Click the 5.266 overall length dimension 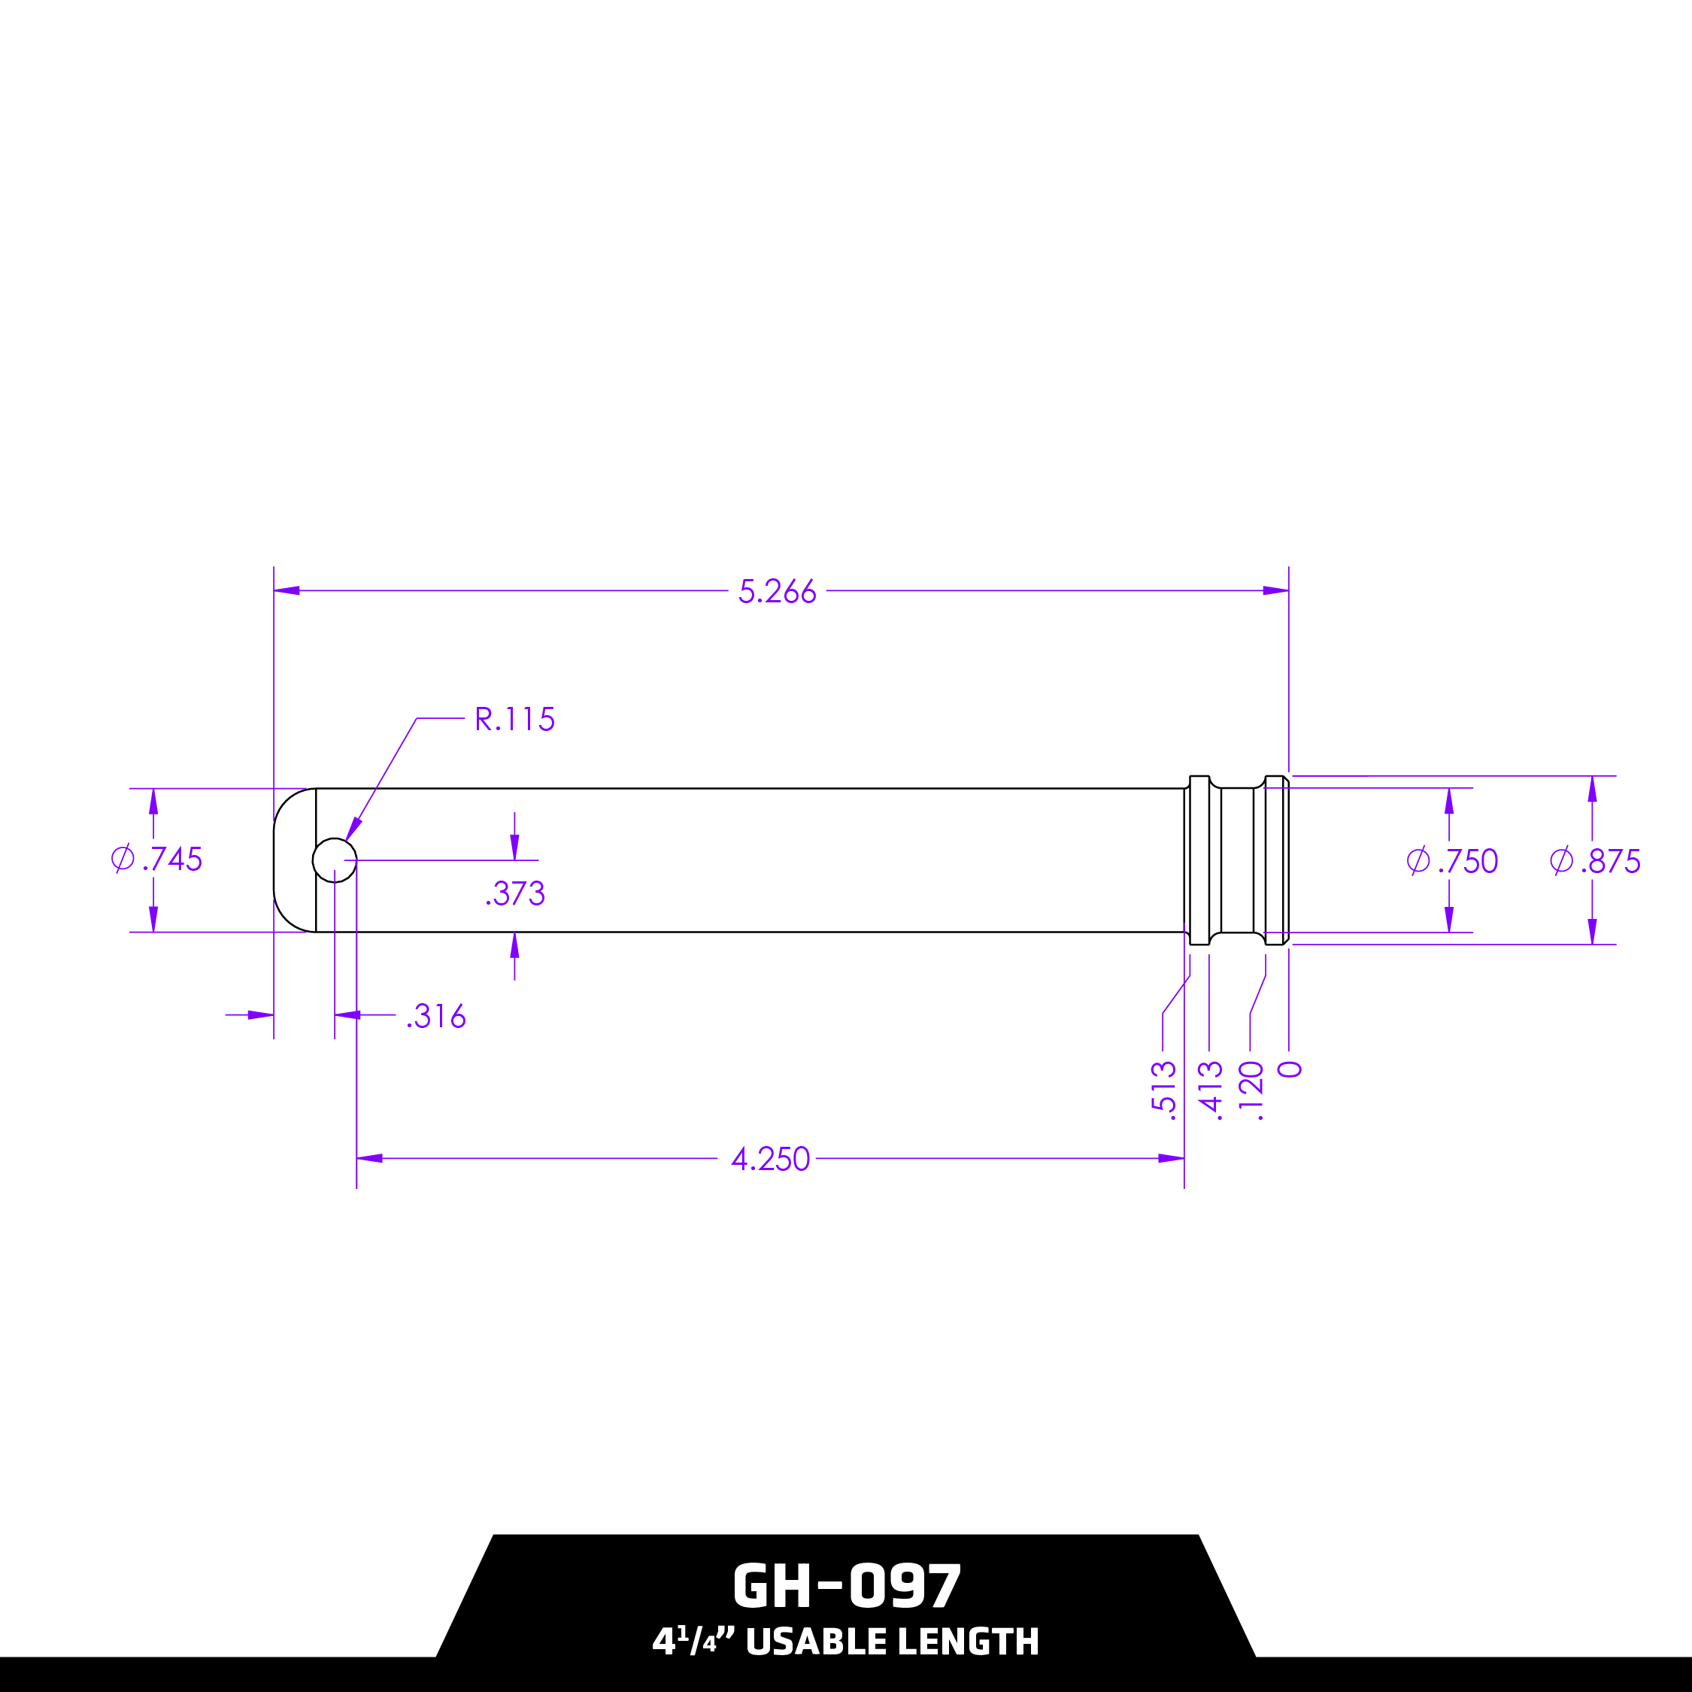(777, 591)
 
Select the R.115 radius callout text (514, 719)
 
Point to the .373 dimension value (516, 893)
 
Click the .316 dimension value (436, 1016)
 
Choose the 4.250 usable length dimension (771, 1159)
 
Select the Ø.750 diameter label (1452, 862)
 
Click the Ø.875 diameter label (1595, 862)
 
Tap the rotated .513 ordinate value (1163, 1090)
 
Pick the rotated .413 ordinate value (1209, 1090)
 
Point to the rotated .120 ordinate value (1251, 1090)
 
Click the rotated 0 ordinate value (1290, 1069)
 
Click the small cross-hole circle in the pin (335, 860)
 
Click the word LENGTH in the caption (968, 1642)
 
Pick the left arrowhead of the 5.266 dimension (287, 590)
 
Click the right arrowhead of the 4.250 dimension (1171, 1159)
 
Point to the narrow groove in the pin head (1238, 860)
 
